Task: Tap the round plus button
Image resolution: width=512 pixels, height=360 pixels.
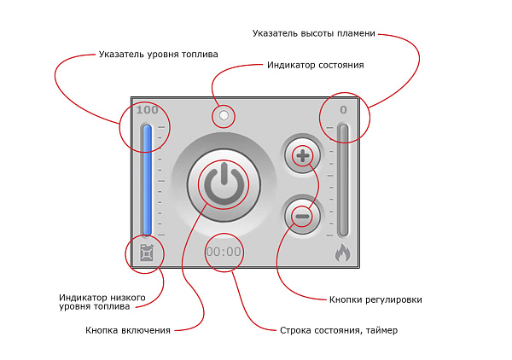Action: pos(302,156)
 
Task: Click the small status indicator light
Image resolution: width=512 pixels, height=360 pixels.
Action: pos(223,114)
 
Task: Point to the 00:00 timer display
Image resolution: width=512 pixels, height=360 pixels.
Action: pos(224,252)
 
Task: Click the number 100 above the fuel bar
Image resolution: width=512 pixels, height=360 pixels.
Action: pos(147,110)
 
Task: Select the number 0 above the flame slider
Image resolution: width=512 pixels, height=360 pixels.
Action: pos(343,110)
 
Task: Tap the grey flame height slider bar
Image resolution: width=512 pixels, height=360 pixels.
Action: pos(343,179)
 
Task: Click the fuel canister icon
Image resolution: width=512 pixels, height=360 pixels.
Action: pos(147,253)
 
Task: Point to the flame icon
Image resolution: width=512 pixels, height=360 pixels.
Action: pos(342,253)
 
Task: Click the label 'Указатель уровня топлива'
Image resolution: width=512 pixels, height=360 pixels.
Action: pos(158,54)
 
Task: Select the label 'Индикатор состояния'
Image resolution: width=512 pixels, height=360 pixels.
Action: pos(316,65)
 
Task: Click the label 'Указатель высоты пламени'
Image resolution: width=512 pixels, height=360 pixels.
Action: pos(314,33)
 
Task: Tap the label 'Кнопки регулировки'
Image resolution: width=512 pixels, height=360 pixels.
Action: pos(375,299)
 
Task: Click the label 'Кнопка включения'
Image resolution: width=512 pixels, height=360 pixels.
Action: pos(128,330)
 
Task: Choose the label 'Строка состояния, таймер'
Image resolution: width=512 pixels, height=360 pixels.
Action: pos(339,330)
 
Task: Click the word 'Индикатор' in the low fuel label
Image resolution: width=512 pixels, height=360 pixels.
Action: pos(84,297)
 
